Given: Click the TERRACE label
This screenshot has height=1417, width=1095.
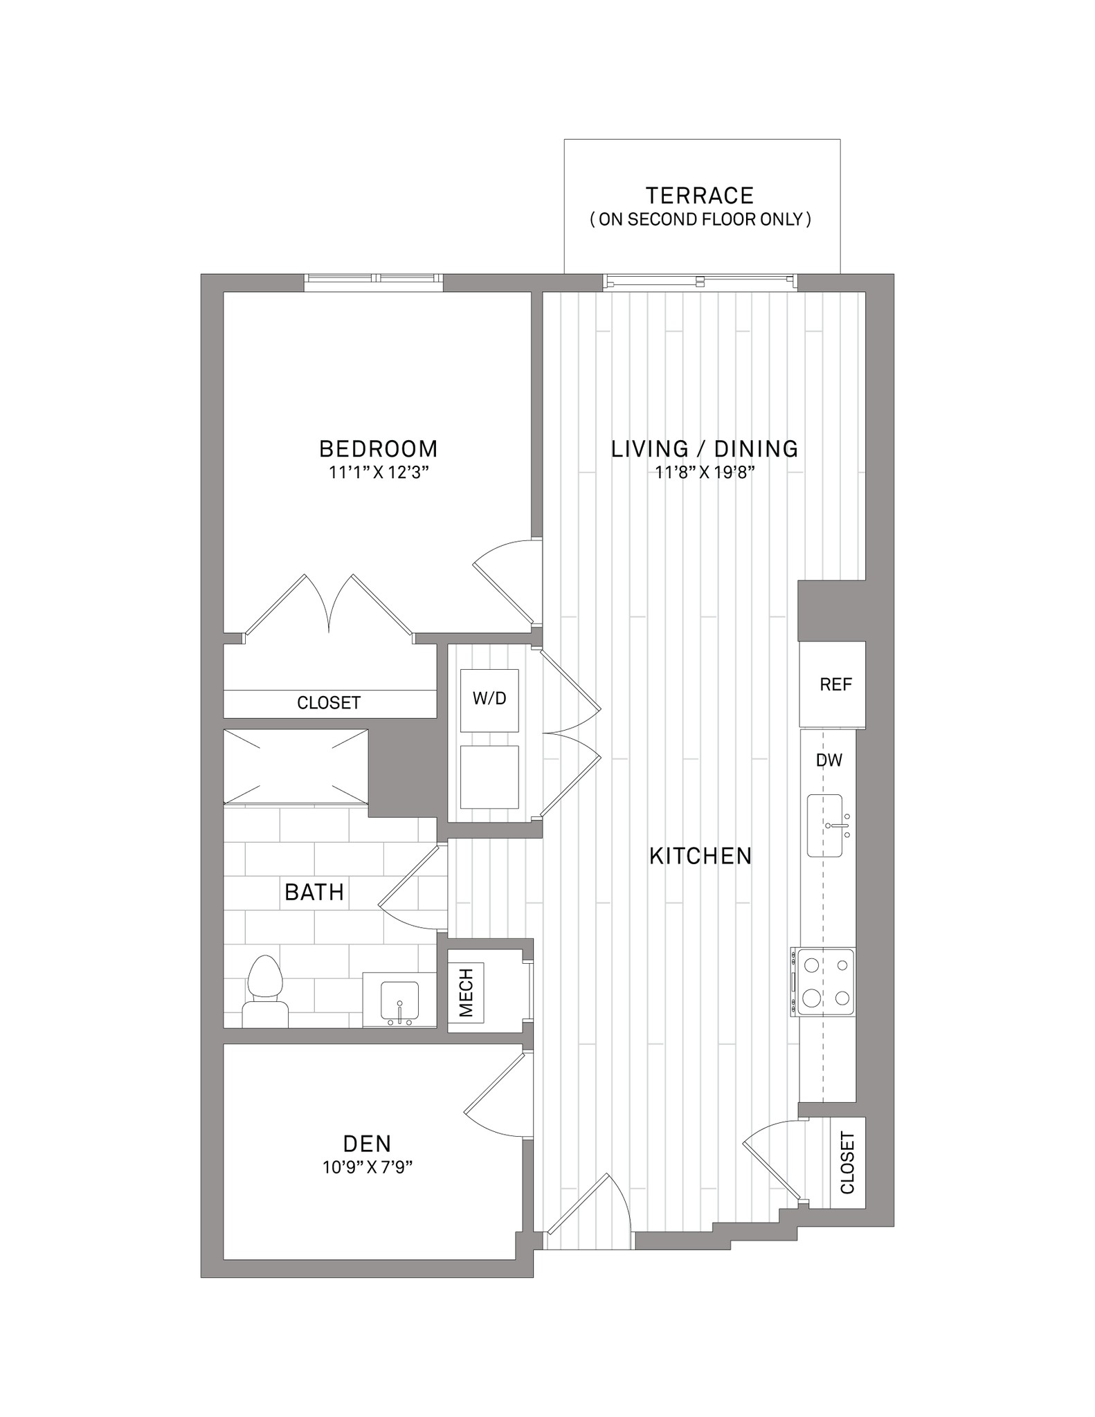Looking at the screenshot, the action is click(699, 196).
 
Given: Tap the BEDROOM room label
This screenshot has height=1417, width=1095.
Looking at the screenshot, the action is click(379, 449).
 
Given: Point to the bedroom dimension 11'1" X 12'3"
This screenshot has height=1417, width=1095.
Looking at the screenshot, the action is click(379, 473).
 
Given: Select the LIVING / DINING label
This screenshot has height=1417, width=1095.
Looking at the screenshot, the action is click(705, 449).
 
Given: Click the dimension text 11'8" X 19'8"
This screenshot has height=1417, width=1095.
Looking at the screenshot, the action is click(705, 473).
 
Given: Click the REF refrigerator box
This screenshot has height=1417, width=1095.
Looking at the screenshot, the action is click(832, 685).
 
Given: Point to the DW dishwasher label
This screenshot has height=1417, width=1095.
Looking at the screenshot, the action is click(829, 760).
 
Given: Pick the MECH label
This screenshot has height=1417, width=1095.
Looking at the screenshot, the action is click(467, 993).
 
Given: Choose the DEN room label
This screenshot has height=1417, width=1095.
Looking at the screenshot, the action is click(368, 1143).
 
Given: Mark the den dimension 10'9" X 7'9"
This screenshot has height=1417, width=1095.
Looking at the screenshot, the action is click(368, 1168).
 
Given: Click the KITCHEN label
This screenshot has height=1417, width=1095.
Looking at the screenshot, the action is click(700, 857).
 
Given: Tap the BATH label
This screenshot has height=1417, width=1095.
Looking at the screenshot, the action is click(314, 893).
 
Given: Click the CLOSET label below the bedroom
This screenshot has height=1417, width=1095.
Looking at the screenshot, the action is click(329, 703).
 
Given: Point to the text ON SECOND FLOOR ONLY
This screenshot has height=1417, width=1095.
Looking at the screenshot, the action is click(700, 219).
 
